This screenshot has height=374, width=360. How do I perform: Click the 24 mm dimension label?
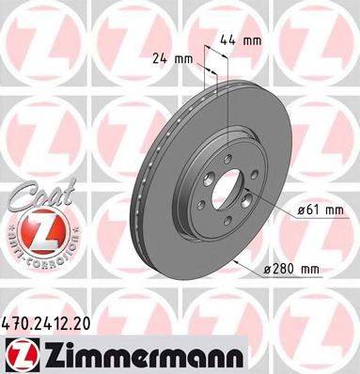[172, 58]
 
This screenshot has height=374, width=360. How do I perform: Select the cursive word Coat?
[36, 196]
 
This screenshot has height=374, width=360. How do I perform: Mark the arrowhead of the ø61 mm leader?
[246, 194]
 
